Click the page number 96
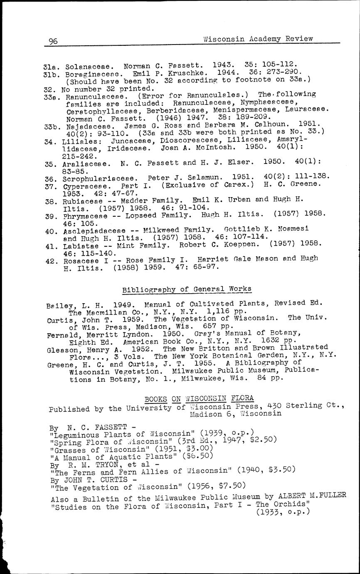click(x=53, y=41)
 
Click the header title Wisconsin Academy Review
click(x=258, y=39)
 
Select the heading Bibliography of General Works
click(x=187, y=289)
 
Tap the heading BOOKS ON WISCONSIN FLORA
click(x=199, y=398)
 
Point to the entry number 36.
click(x=50, y=178)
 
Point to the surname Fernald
click(x=62, y=335)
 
